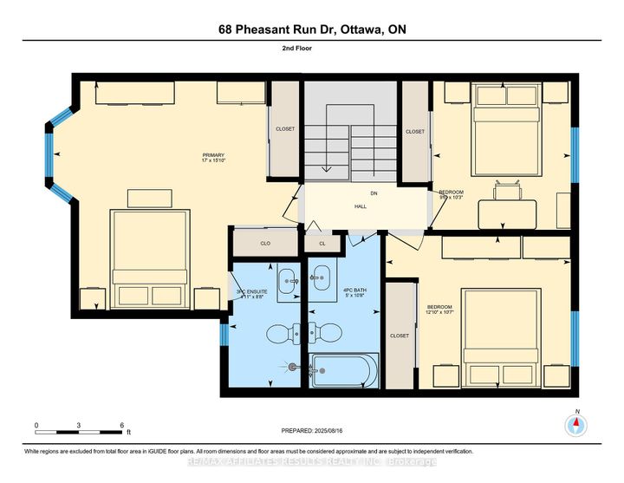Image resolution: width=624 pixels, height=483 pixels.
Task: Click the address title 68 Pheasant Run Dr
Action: tap(311, 29)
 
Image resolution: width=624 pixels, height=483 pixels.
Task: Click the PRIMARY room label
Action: tap(214, 159)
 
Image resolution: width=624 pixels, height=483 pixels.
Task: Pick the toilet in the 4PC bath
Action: tap(326, 332)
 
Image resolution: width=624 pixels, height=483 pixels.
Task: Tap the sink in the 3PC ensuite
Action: tap(289, 282)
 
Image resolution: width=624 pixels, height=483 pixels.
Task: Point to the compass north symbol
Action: tap(575, 425)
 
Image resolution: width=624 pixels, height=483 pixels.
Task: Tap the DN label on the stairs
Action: tap(374, 193)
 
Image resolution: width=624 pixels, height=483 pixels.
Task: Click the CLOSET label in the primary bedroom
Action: tap(285, 129)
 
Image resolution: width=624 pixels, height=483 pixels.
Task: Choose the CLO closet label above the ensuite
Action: tap(266, 244)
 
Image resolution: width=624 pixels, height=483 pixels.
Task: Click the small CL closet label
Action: tap(322, 244)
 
